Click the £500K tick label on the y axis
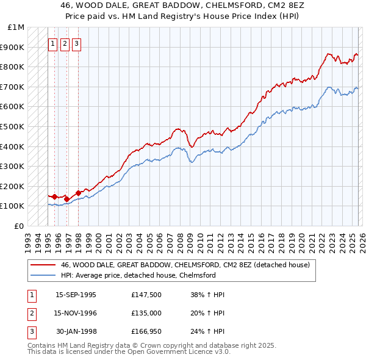pyautogui.click(x=12, y=126)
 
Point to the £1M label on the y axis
pyautogui.click(x=16, y=27)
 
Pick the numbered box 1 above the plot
pyautogui.click(x=53, y=43)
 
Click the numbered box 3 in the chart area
pyautogui.click(x=76, y=43)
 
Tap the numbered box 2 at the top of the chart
pyautogui.click(x=65, y=43)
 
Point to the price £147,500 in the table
pyautogui.click(x=146, y=295)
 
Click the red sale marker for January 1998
pyautogui.click(x=79, y=193)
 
